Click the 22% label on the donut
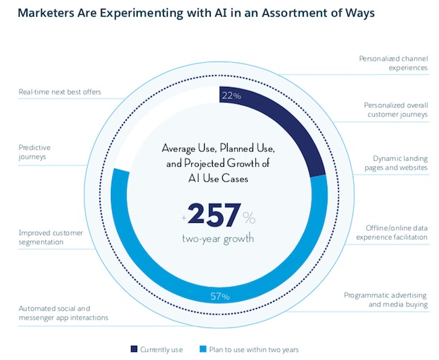pyautogui.click(x=232, y=96)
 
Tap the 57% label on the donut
pyautogui.click(x=221, y=296)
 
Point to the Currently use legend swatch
pyautogui.click(x=134, y=349)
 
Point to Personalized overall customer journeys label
pyautogui.click(x=395, y=109)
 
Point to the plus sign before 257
pyautogui.click(x=183, y=217)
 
